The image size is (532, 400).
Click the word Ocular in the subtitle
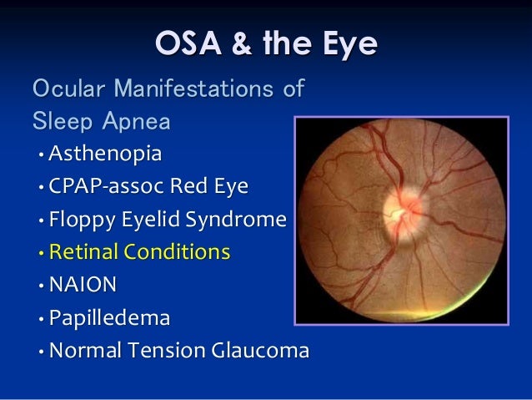coord(68,88)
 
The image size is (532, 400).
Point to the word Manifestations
coord(193,88)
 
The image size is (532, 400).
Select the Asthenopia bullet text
coord(105,154)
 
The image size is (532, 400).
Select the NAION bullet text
coord(83,284)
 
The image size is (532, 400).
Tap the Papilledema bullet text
coord(109,317)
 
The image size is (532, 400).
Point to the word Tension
coord(161,350)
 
